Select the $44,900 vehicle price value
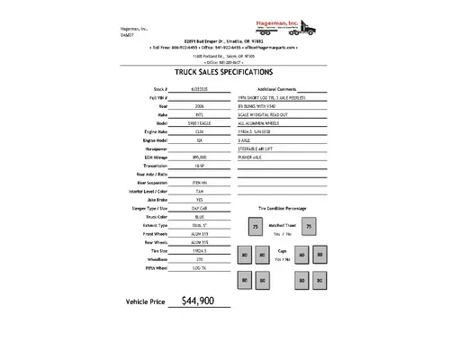[197, 326]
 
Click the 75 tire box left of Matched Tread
[255, 228]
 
